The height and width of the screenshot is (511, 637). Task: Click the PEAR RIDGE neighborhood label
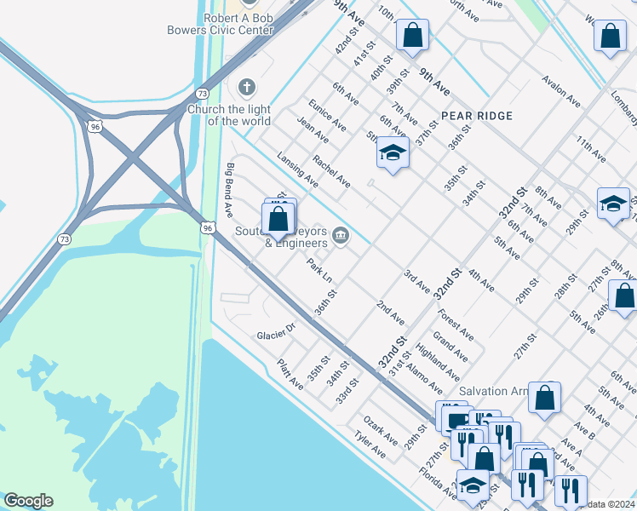pyautogui.click(x=477, y=116)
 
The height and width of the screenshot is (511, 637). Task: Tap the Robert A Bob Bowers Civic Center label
pyautogui.click(x=238, y=24)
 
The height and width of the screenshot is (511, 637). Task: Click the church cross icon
pyautogui.click(x=247, y=87)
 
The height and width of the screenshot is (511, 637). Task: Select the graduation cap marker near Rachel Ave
pyautogui.click(x=393, y=153)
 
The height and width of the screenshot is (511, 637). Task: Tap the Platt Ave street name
pyautogui.click(x=290, y=375)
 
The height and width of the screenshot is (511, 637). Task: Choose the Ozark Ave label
pyautogui.click(x=381, y=430)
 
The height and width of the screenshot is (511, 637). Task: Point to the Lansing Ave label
pyautogui.click(x=297, y=169)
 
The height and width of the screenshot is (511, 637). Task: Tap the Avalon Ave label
pyautogui.click(x=561, y=91)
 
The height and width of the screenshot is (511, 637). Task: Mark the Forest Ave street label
pyautogui.click(x=457, y=324)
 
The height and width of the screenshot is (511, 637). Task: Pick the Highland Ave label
pyautogui.click(x=438, y=363)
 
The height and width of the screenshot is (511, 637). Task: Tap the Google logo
pyautogui.click(x=28, y=501)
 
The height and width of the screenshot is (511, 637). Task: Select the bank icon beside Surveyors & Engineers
pyautogui.click(x=341, y=235)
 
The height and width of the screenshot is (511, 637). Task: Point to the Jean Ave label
pyautogui.click(x=313, y=129)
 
